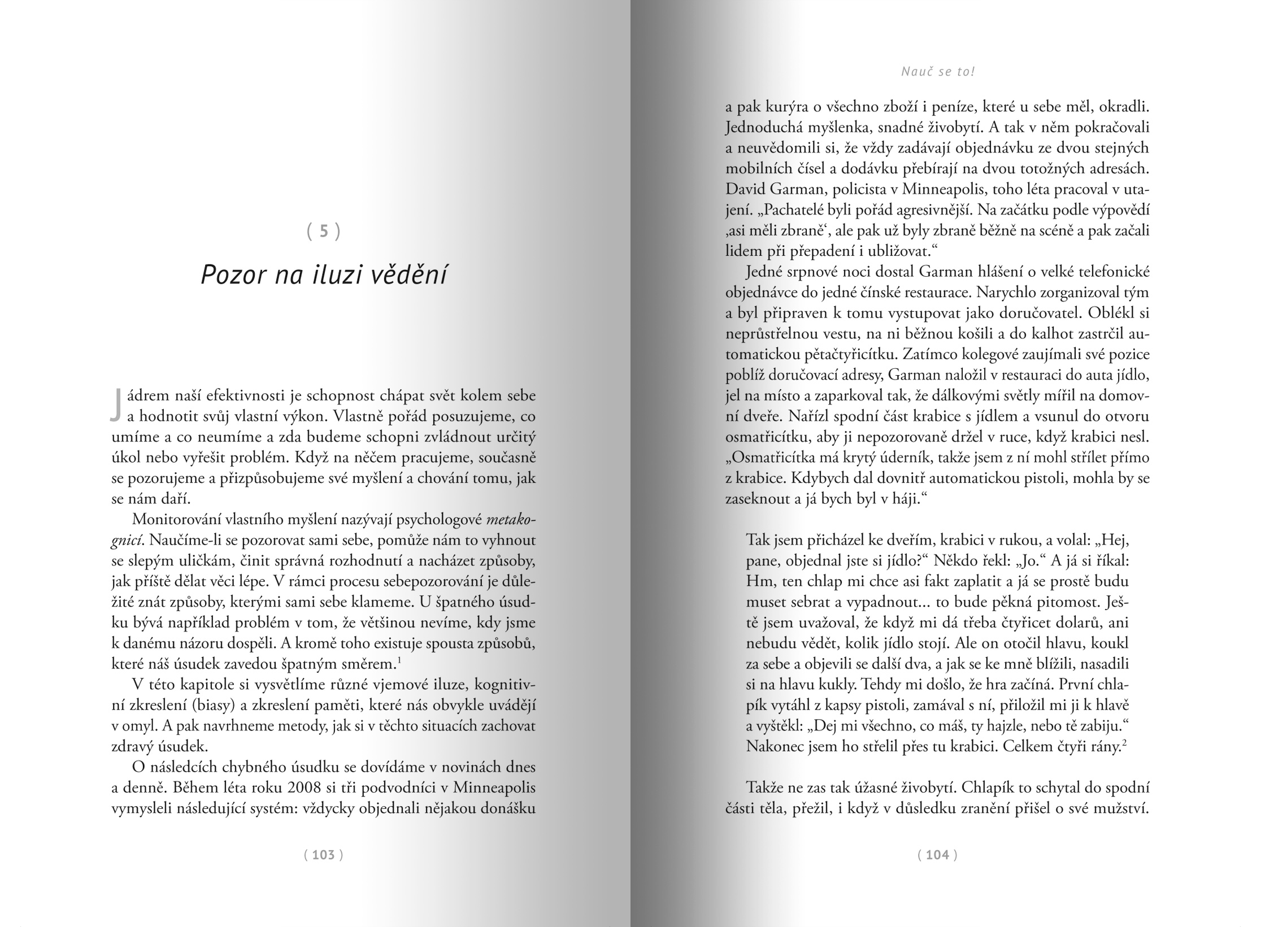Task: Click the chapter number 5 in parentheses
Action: (x=324, y=231)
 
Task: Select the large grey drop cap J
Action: (x=116, y=404)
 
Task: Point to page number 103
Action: (x=324, y=855)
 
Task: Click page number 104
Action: (x=937, y=855)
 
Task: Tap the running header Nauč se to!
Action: (x=938, y=72)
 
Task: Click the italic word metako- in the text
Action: (x=511, y=519)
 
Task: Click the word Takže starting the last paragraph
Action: (x=767, y=787)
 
